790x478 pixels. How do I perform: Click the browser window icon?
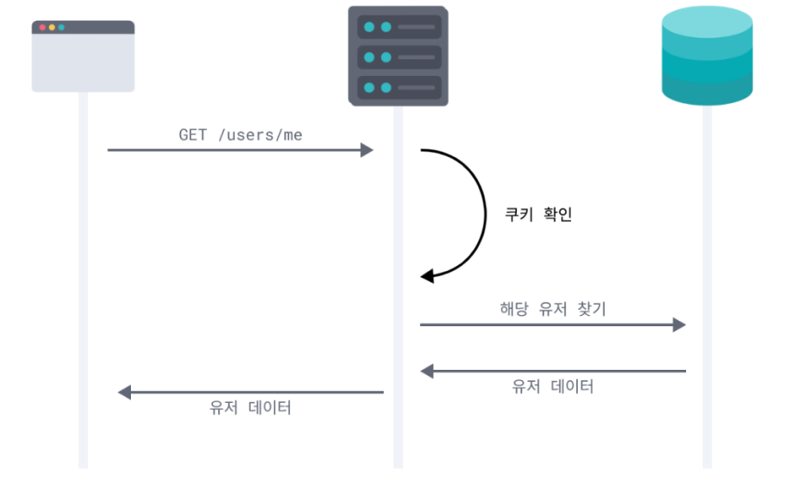[83, 57]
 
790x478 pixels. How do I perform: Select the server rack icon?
[398, 57]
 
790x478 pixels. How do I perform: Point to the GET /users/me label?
[241, 134]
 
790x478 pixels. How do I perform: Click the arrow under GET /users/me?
[240, 150]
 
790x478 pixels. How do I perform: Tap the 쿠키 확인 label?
[539, 214]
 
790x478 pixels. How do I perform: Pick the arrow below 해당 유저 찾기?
[553, 324]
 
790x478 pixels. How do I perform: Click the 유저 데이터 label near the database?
[553, 386]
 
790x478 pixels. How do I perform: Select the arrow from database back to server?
[553, 372]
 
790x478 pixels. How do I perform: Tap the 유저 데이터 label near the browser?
[251, 407]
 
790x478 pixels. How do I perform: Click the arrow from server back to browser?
[251, 393]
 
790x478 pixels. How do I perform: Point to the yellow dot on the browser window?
[52, 28]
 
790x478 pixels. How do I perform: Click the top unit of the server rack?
[398, 27]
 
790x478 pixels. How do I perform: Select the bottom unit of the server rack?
[398, 87]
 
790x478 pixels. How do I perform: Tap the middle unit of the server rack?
[398, 58]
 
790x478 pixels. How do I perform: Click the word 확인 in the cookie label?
[556, 214]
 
